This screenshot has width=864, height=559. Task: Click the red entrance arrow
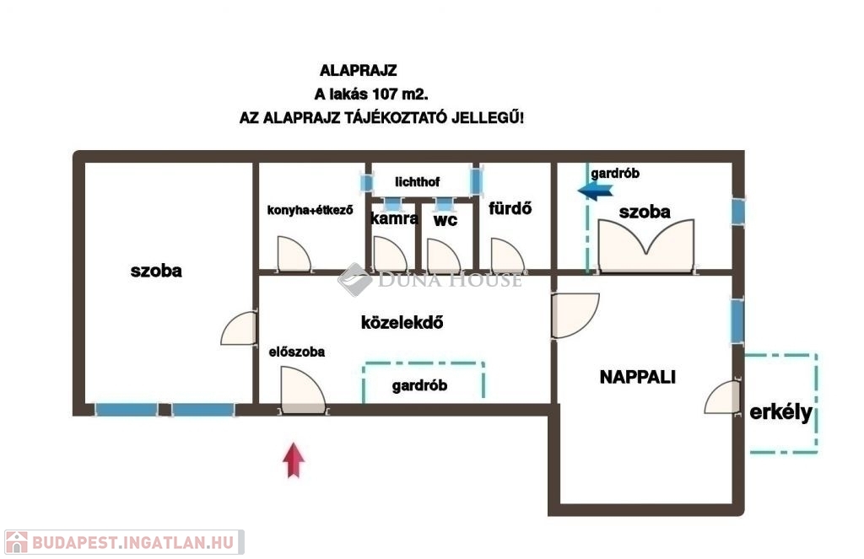(293, 460)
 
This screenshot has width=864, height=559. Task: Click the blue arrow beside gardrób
(595, 191)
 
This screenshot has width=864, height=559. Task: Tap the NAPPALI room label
(638, 378)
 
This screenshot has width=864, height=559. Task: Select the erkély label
(780, 413)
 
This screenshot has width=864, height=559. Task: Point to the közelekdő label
(402, 322)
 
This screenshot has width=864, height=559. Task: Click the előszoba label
(297, 352)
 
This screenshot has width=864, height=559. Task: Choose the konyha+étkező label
(310, 210)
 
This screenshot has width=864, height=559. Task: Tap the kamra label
(394, 218)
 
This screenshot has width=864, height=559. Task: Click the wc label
(445, 219)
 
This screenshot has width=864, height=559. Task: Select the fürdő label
(510, 208)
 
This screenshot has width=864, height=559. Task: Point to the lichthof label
(417, 182)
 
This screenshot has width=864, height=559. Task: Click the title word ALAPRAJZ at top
(358, 71)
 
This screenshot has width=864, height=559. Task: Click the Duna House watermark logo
(354, 279)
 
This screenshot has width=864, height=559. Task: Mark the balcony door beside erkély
(723, 397)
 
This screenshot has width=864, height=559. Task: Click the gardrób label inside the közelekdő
(419, 386)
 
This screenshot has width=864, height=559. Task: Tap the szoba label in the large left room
(156, 271)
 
